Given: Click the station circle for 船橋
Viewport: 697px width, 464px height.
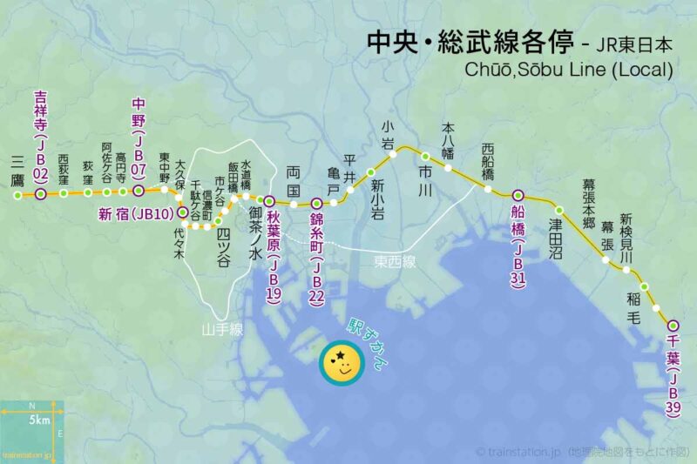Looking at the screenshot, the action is point(518,195).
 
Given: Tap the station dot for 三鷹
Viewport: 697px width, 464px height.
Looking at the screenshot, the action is point(17,195).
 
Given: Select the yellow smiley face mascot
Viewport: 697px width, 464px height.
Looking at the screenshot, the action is point(342,363).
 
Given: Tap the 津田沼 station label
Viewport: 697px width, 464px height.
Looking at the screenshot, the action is point(556,239).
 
